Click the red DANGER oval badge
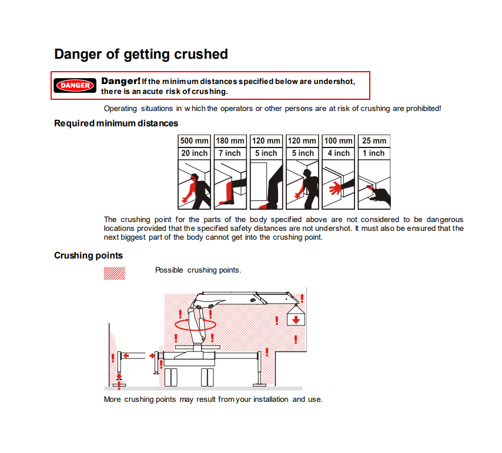tap(75, 85)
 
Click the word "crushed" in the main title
tap(200, 54)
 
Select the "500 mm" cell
tap(195, 141)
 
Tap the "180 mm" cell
tap(230, 141)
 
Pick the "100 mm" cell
tap(338, 141)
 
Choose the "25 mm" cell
tap(374, 141)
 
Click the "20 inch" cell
tap(195, 153)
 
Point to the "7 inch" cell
tap(230, 153)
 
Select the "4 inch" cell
tap(338, 153)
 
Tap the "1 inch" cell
tap(374, 153)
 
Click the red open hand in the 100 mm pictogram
tap(336, 188)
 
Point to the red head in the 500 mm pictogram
tap(194, 177)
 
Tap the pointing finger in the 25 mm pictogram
tap(371, 189)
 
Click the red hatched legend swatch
tap(114, 274)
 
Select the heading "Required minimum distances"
tap(116, 123)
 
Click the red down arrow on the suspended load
tap(296, 319)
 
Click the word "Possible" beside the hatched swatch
tap(169, 270)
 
